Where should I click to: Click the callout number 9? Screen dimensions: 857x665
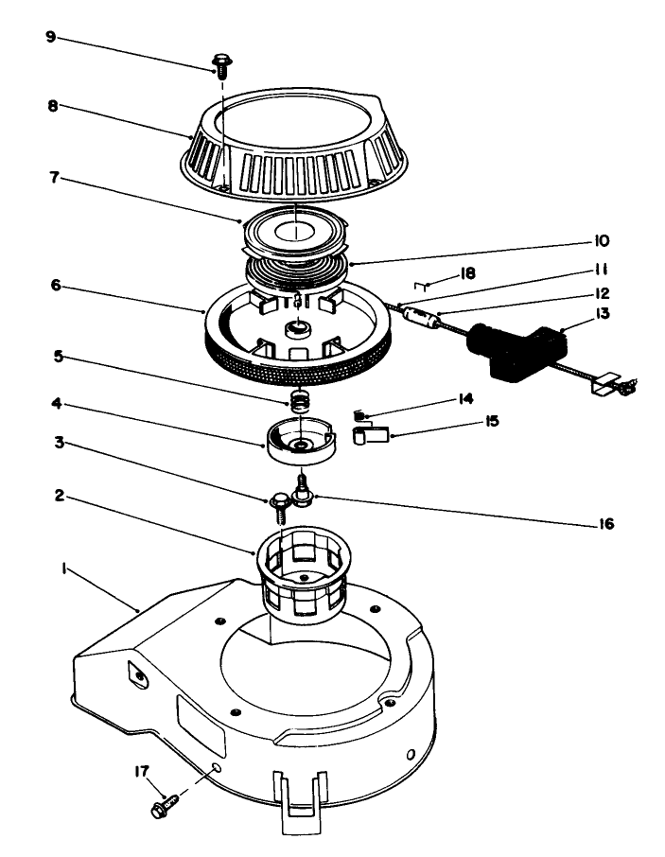tap(50, 38)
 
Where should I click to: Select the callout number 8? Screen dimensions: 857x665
tap(52, 106)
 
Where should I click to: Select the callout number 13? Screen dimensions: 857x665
tap(602, 313)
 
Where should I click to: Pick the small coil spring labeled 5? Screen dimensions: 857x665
tap(300, 400)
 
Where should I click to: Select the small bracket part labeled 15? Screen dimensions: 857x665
tap(371, 435)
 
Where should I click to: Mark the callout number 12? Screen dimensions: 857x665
tap(603, 293)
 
